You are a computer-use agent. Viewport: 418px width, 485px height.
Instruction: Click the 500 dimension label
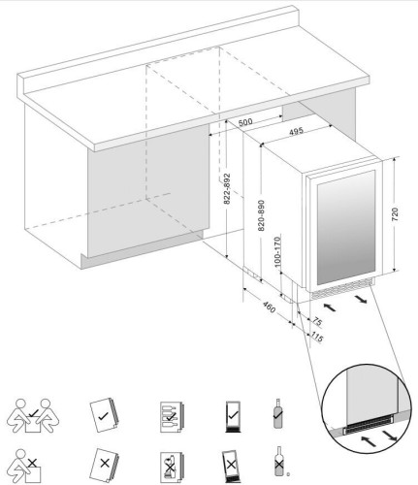point(244,122)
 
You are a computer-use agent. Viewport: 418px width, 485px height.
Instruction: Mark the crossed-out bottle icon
point(278,463)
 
